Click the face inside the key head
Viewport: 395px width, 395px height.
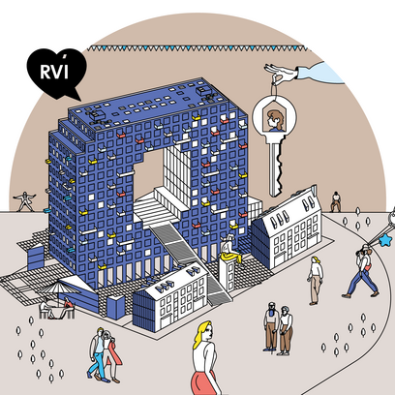[275, 120]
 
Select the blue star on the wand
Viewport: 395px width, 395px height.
[385, 240]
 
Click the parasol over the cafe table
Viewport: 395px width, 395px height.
[58, 289]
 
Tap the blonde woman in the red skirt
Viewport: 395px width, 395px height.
[206, 358]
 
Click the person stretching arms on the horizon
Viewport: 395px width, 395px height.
[24, 201]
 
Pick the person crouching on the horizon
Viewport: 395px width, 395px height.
[336, 202]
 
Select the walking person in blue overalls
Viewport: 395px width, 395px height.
[363, 271]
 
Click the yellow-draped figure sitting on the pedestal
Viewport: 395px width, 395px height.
[231, 250]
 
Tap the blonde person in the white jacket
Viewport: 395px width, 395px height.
[315, 281]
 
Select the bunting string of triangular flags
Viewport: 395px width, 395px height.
[197, 48]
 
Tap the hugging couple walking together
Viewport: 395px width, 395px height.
[104, 355]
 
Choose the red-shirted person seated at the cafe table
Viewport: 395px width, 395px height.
[67, 307]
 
